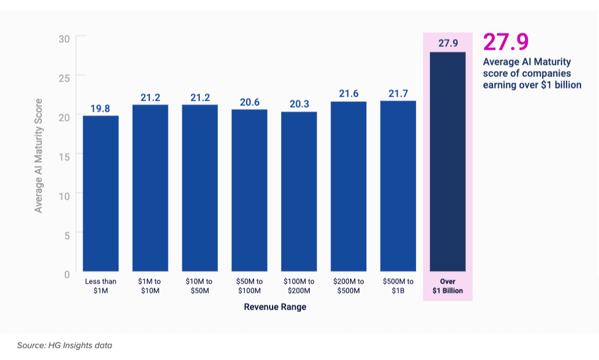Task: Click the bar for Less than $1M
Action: pos(101,194)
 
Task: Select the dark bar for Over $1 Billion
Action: pos(448,162)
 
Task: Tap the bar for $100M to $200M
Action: pos(299,192)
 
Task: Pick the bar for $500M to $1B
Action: pos(398,186)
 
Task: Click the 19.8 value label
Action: pos(101,108)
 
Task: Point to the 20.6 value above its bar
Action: pos(249,102)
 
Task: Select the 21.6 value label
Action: pos(348,94)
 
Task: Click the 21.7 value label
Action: pos(398,93)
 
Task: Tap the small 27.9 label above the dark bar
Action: pos(448,43)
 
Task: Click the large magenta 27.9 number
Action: pos(506,43)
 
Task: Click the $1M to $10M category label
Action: pos(150,286)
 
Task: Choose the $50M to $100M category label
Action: pos(249,286)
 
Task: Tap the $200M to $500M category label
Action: pos(348,286)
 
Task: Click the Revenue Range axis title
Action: pos(275,307)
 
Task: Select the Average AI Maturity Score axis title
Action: pos(39,155)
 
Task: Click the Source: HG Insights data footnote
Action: pos(64,346)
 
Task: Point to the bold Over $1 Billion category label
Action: pos(448,286)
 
